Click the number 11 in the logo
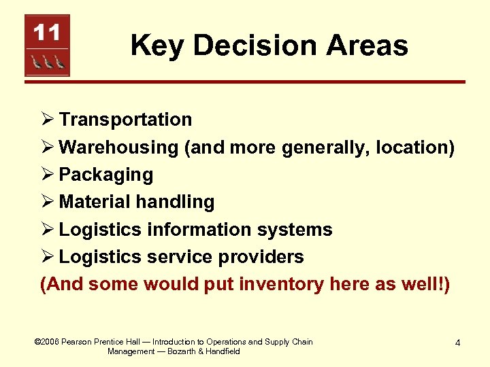click(47, 32)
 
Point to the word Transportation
click(125, 120)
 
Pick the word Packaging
click(106, 175)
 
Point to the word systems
click(297, 230)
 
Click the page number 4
click(457, 343)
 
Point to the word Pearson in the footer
click(77, 342)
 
